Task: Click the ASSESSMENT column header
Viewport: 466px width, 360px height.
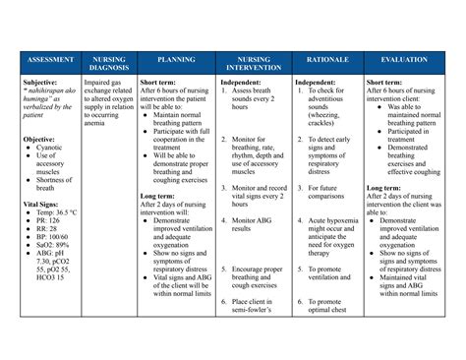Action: [x=46, y=60]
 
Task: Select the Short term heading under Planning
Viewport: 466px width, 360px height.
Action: [x=159, y=83]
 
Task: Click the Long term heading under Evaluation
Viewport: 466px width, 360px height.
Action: [x=384, y=187]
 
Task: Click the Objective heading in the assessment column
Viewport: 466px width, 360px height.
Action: [x=40, y=139]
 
